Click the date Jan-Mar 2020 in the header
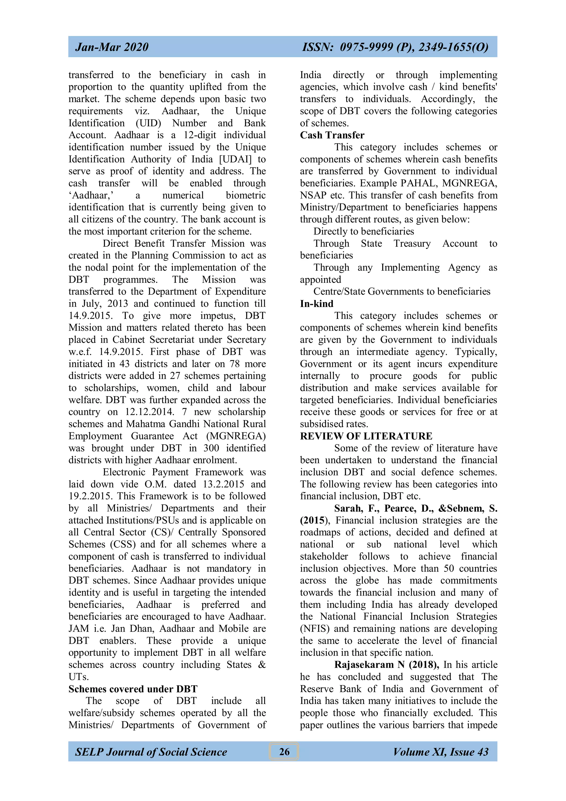click(x=112, y=47)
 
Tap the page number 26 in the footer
click(x=284, y=751)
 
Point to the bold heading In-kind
click(x=316, y=304)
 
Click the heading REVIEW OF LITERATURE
click(x=366, y=436)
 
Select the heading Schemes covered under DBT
click(x=133, y=689)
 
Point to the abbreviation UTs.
click(x=78, y=677)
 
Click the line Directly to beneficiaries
click(x=363, y=231)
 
